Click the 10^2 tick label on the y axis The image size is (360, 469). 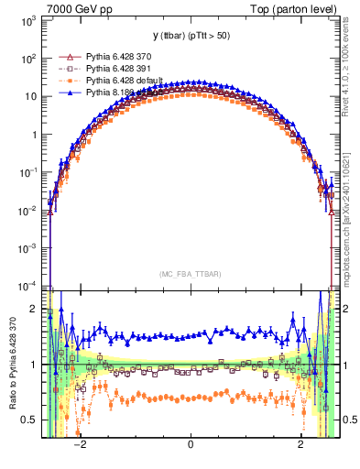(x=29, y=59)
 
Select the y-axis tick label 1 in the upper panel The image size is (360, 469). (x=36, y=135)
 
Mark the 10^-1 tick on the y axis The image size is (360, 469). (x=29, y=172)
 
